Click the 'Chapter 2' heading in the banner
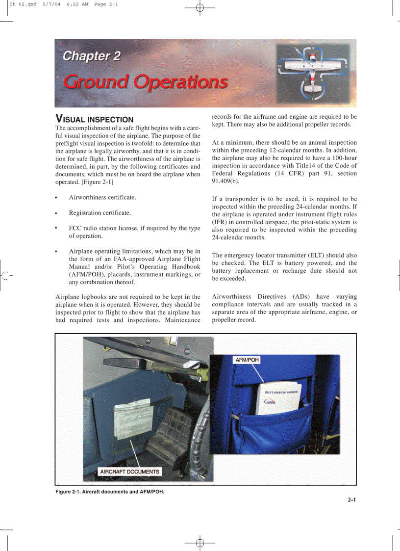(92, 56)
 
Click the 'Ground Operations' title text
(146, 81)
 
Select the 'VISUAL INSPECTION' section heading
(95, 119)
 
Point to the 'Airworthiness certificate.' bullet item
(102, 197)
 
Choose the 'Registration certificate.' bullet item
(100, 213)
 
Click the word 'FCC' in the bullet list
(75, 228)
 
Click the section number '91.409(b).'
(226, 181)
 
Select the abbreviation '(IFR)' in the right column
(220, 222)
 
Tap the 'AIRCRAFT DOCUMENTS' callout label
(129, 472)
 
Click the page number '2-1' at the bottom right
(351, 500)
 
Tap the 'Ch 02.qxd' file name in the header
(23, 4)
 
